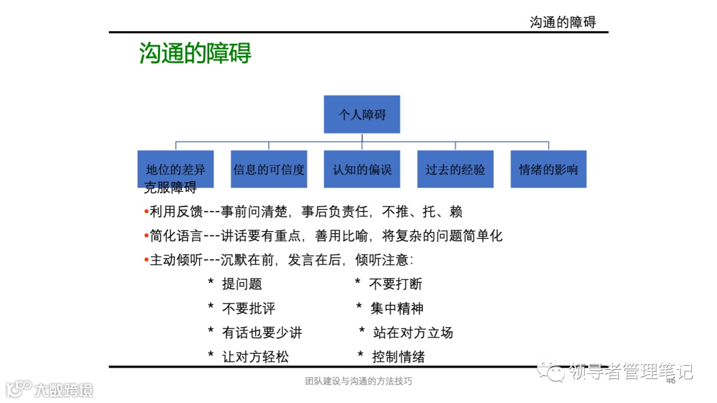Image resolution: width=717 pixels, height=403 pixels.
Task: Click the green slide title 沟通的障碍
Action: point(195,53)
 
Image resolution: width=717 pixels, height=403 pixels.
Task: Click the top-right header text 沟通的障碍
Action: point(562,22)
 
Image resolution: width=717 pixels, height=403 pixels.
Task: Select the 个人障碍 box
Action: point(362,114)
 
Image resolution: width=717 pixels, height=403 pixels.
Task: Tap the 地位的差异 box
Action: point(176,169)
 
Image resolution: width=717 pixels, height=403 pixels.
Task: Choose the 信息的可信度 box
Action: point(269,169)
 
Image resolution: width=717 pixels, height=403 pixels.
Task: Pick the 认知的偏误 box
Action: point(362,169)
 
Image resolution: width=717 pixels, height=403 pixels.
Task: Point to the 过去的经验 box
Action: point(455,169)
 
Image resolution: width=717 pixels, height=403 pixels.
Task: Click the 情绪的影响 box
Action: point(548,169)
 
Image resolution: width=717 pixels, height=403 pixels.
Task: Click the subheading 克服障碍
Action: point(171,188)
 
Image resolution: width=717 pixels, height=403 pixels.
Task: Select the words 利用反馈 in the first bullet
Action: point(176,212)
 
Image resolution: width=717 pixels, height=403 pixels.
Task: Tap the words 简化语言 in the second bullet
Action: point(176,236)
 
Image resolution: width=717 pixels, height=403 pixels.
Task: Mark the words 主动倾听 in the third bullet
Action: point(176,260)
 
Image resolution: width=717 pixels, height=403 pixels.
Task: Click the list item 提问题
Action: point(242,284)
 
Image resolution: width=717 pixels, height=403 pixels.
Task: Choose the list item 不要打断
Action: point(396,284)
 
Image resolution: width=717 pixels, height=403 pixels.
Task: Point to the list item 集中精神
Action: point(397,308)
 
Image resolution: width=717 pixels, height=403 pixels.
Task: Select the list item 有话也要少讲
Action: point(262,333)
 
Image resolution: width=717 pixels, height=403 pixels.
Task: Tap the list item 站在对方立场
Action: point(413,333)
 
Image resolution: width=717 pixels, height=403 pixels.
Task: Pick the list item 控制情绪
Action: point(398,357)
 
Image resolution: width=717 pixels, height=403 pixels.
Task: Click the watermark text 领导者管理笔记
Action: point(631,371)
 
